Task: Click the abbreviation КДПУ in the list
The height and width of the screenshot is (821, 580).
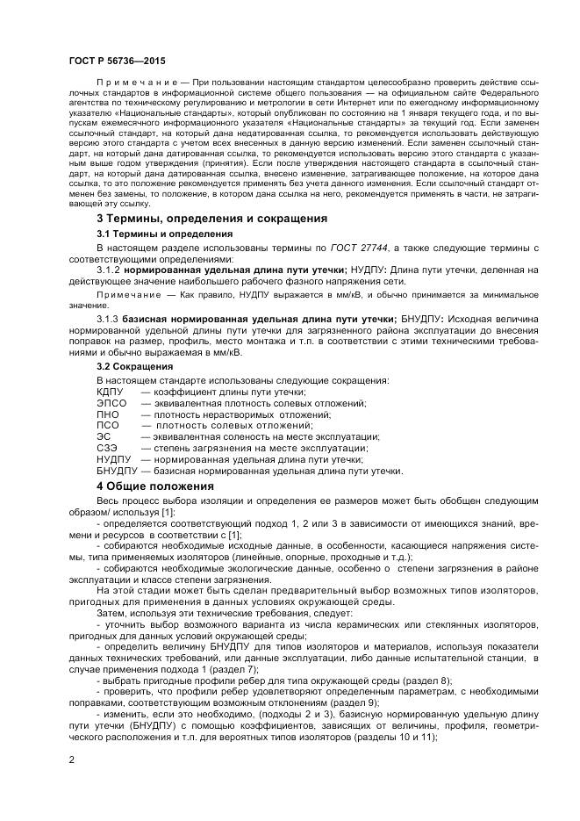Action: click(111, 391)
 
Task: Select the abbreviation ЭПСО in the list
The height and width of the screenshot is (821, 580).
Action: click(111, 402)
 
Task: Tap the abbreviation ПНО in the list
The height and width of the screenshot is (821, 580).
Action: click(108, 414)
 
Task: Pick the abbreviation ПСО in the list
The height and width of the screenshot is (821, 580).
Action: click(108, 425)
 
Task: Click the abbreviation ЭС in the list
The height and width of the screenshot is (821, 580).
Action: click(104, 436)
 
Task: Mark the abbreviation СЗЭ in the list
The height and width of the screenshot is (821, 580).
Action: click(106, 448)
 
